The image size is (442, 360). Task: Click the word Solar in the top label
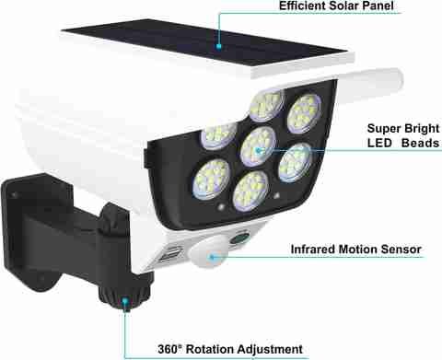(343, 6)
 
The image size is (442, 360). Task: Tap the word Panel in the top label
(377, 6)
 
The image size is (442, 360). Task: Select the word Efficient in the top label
(301, 6)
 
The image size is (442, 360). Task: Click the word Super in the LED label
(383, 129)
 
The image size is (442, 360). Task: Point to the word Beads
(420, 143)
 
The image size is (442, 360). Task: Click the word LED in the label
(379, 143)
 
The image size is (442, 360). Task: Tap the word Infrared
(313, 250)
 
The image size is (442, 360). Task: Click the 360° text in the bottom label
(169, 349)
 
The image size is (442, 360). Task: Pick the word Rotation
(210, 349)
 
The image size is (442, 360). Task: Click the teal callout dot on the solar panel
(218, 46)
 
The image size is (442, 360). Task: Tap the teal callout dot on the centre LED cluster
(259, 150)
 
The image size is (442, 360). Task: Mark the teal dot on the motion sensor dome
(212, 256)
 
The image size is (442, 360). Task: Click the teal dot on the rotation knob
(124, 301)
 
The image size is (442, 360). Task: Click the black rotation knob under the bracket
(125, 294)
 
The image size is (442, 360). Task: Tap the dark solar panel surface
(204, 42)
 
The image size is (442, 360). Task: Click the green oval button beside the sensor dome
(239, 238)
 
